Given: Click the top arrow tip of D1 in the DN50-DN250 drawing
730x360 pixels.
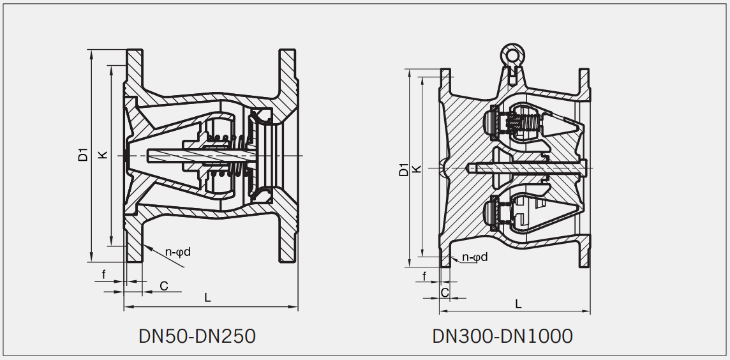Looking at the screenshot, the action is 91,50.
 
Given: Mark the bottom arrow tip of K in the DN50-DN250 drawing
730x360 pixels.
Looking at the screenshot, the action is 110,246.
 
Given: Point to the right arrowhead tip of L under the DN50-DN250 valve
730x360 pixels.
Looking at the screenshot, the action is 298,307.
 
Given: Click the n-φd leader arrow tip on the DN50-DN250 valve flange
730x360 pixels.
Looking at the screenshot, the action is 144,245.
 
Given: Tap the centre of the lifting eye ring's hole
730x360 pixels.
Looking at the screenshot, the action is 512,56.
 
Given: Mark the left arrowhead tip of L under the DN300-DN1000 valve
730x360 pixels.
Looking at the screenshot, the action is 440,311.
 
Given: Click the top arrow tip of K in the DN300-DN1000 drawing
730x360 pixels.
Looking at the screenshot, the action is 422,77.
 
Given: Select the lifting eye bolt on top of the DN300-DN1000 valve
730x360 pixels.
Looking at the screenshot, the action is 512,64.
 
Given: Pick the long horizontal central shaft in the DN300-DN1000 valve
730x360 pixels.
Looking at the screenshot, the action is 526,168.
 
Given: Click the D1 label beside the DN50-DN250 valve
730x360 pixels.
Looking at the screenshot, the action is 83,154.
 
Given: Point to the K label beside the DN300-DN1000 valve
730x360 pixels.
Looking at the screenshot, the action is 417,169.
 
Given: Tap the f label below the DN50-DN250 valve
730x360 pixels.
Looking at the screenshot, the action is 104,274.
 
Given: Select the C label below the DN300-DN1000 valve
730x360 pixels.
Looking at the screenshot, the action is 445,292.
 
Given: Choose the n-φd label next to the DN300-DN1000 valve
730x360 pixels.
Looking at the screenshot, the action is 475,257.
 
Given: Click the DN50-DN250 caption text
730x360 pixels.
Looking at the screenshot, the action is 197,336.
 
